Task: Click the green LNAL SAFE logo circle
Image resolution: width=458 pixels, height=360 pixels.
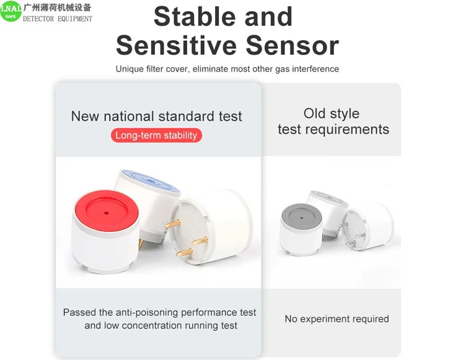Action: click(x=11, y=11)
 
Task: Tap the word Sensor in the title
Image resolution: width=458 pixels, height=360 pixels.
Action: click(x=292, y=46)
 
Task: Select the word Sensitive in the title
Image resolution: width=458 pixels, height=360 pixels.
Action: click(x=176, y=46)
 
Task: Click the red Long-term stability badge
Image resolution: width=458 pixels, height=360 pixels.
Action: click(x=156, y=135)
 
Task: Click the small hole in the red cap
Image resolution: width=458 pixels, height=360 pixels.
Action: click(x=107, y=213)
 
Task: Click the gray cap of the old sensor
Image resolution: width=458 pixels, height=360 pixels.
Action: click(x=301, y=216)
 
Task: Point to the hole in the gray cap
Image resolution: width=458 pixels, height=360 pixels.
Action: click(x=301, y=217)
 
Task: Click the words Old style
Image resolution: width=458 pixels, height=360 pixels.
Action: click(x=332, y=113)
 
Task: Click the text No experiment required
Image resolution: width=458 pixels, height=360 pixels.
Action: click(x=337, y=319)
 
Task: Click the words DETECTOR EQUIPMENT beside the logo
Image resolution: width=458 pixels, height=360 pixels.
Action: click(x=58, y=19)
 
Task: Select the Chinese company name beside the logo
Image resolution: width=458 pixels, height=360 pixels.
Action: click(x=57, y=7)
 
